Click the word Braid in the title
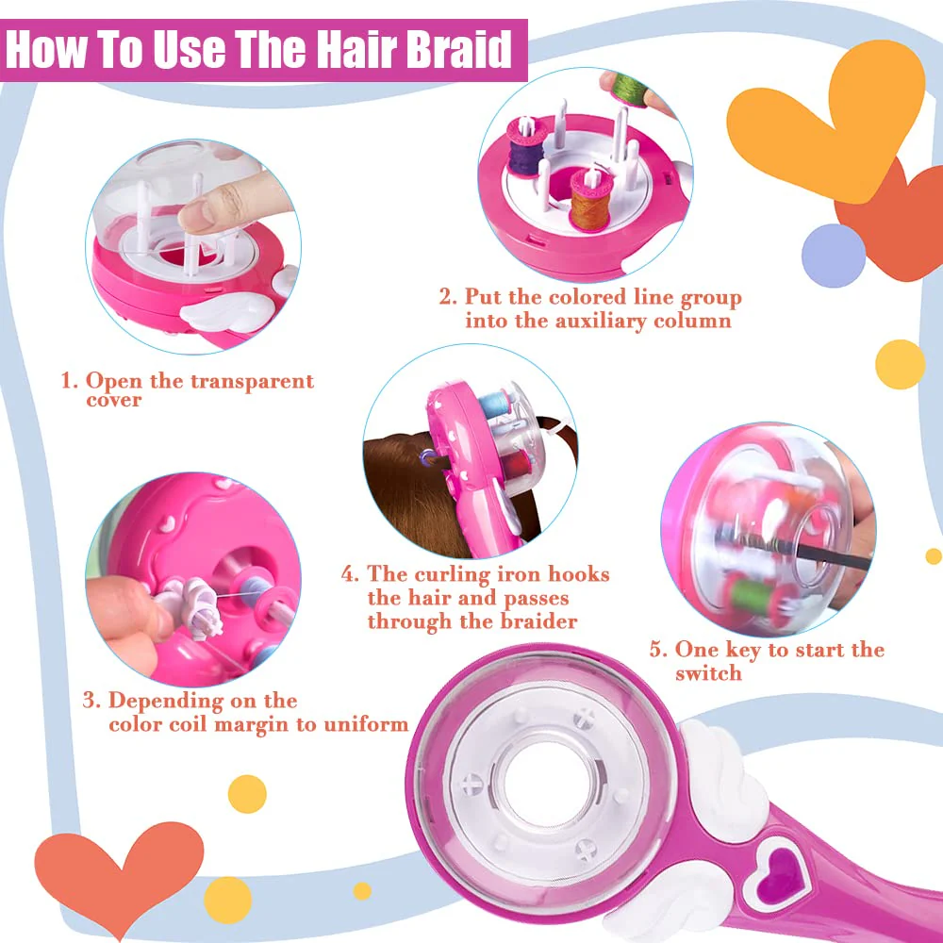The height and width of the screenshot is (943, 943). click(x=458, y=49)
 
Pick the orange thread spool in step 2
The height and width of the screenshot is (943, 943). click(x=590, y=201)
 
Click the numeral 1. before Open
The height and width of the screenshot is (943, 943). click(x=70, y=381)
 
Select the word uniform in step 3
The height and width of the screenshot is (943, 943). click(x=366, y=724)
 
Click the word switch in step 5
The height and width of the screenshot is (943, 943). click(x=708, y=673)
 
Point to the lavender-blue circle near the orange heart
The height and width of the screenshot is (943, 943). click(x=834, y=256)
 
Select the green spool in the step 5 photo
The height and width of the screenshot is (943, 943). click(x=751, y=594)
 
